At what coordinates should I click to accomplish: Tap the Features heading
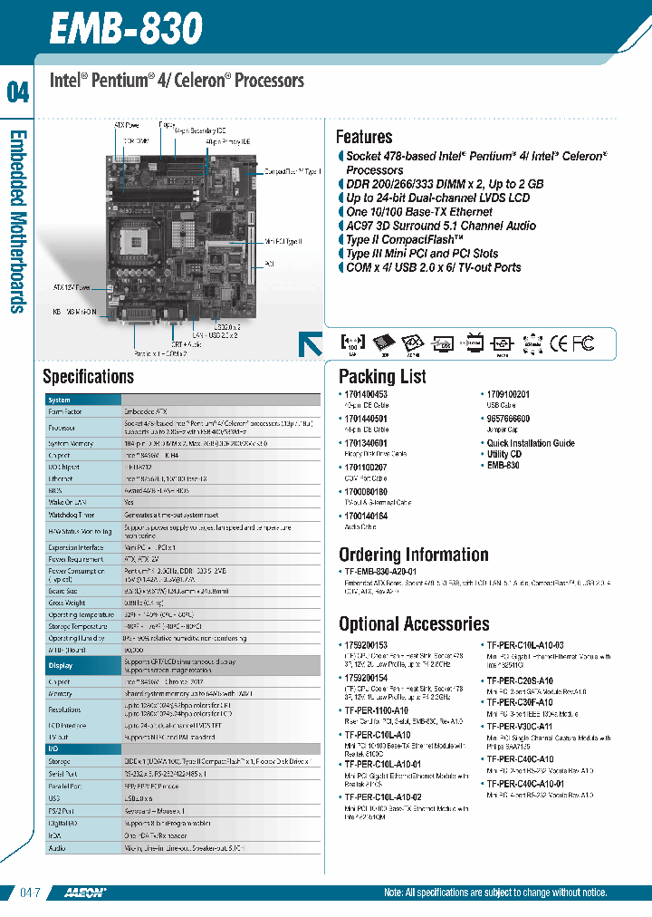coord(364,137)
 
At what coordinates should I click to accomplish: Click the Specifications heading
coord(89,377)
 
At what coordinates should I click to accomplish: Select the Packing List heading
coord(382,377)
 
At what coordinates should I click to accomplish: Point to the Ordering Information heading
coord(413,555)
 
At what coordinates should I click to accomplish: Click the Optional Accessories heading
coord(414,623)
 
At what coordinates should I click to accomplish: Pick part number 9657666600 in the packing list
coord(508,420)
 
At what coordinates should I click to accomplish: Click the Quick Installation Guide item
coord(531,443)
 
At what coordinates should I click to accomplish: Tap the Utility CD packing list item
coord(504,454)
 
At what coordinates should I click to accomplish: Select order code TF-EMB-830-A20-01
coord(380,573)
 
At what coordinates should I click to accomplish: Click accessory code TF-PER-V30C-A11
coord(519,727)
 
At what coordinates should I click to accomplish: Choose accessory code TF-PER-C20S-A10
coord(519,681)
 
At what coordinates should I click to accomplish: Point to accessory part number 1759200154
coord(366,678)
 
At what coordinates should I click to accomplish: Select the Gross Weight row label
coord(66,602)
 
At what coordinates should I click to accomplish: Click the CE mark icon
coord(559,343)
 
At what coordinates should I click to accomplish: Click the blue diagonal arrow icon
coord(311,344)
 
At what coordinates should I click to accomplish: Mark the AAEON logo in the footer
coord(85,893)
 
